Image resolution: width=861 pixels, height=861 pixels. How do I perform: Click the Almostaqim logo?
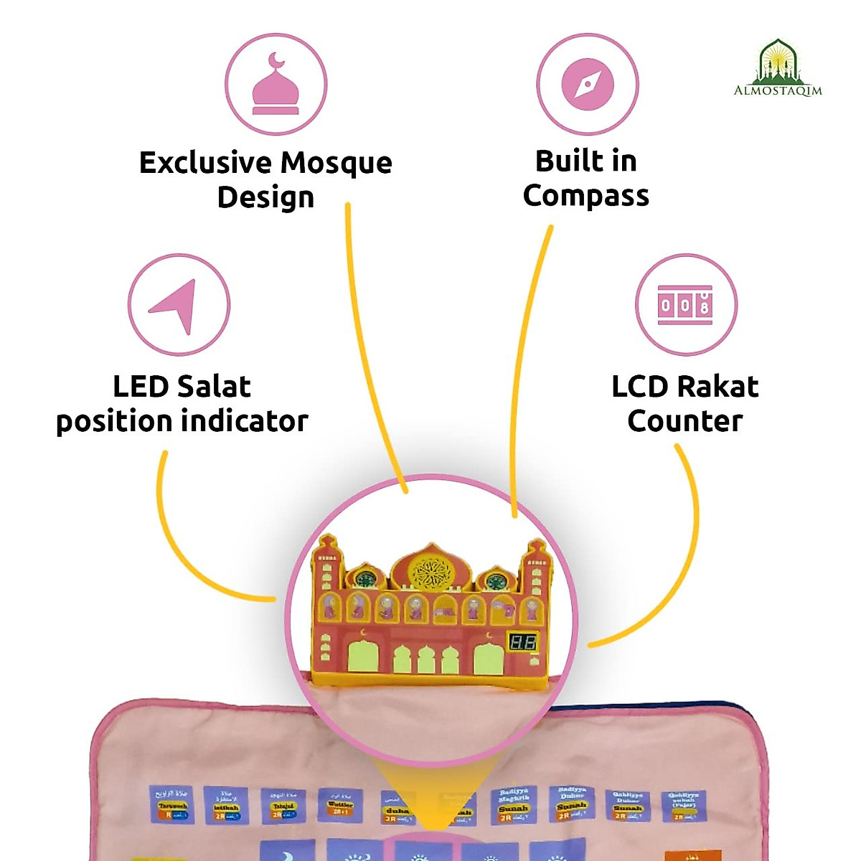[x=778, y=69]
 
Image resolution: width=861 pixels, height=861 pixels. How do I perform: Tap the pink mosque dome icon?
[x=276, y=84]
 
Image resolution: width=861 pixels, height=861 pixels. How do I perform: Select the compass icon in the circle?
[x=588, y=84]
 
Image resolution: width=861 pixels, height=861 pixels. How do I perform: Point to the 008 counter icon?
[x=685, y=305]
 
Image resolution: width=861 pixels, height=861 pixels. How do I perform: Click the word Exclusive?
[x=205, y=163]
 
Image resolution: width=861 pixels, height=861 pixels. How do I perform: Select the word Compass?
[x=585, y=196]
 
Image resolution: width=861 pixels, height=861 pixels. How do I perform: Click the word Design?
[x=265, y=197]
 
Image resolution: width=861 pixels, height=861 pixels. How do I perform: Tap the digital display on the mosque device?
[x=522, y=641]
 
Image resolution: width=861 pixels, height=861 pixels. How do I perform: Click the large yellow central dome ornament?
[x=430, y=572]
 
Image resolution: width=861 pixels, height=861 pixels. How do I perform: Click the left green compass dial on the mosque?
[x=367, y=580]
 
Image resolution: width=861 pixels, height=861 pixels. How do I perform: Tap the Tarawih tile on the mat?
[x=171, y=804]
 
